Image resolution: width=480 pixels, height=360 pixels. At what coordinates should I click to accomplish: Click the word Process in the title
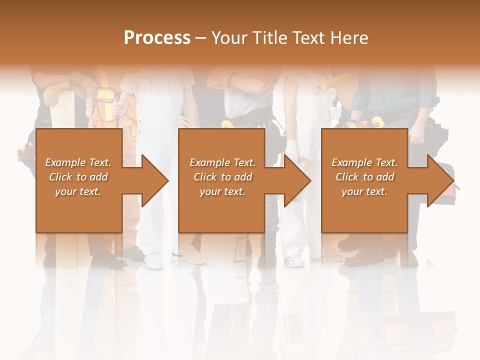[157, 37]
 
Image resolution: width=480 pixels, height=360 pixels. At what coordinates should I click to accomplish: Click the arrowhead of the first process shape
[155, 180]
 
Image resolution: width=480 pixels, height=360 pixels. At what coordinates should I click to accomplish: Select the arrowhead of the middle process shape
[297, 180]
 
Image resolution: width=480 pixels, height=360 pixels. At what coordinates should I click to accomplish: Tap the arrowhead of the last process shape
[440, 180]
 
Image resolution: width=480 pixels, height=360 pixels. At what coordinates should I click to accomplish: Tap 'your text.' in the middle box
[222, 191]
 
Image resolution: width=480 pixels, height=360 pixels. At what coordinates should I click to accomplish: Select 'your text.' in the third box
[364, 191]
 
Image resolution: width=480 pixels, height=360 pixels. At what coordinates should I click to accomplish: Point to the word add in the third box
[385, 177]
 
